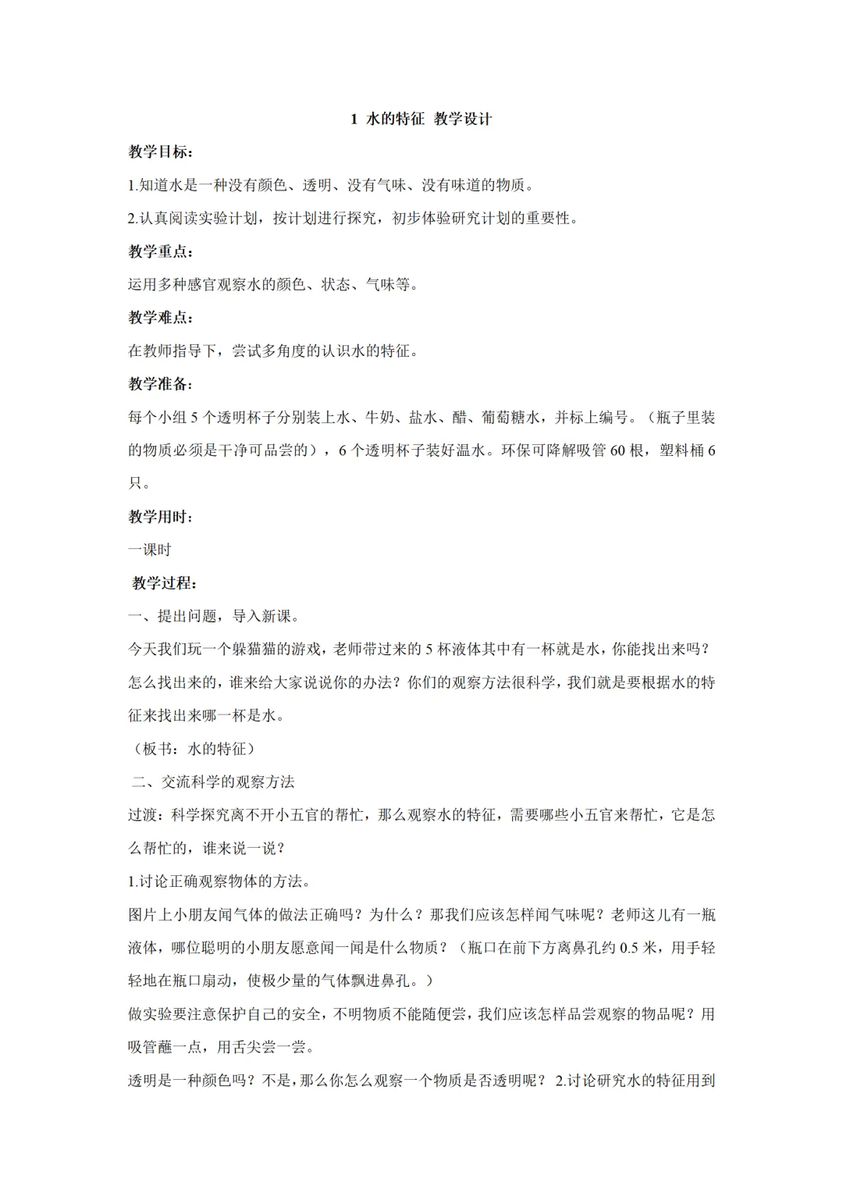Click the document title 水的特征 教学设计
coord(421,119)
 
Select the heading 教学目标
coord(160,152)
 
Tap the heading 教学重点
coord(160,251)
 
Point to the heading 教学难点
coord(160,318)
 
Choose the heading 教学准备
coord(160,384)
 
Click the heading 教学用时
coord(160,517)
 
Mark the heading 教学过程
coord(164,583)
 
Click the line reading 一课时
coord(150,550)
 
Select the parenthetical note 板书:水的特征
coord(192,749)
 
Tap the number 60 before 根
coord(617,450)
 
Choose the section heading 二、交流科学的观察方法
coord(213,782)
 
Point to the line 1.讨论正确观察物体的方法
coord(220,881)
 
